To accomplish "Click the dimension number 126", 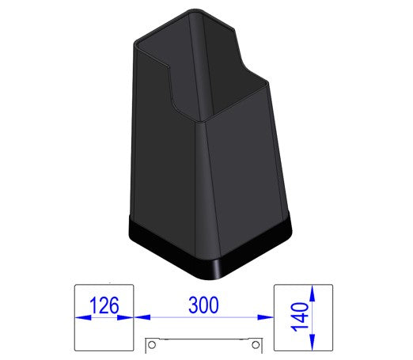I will pyautogui.click(x=104, y=305).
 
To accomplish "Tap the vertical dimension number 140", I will pyautogui.click(x=301, y=317).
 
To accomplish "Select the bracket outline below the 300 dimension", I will pyautogui.click(x=204, y=341).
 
